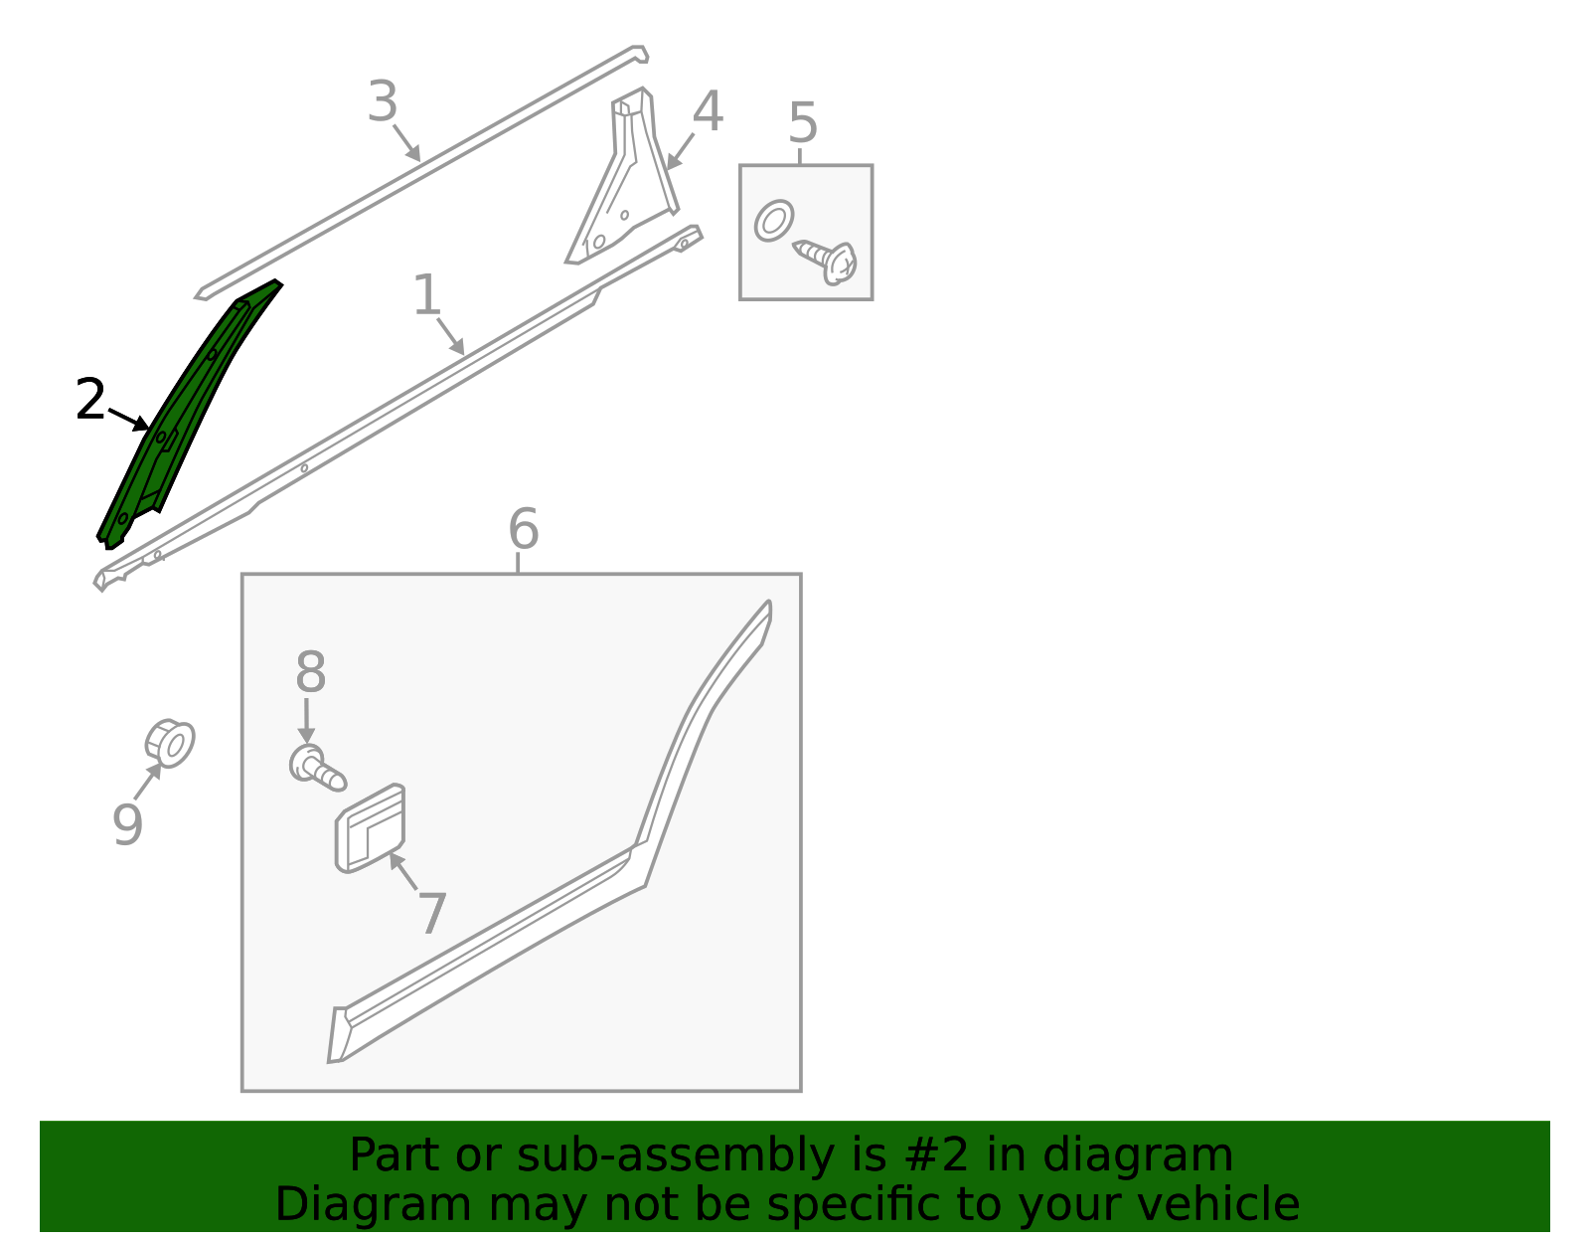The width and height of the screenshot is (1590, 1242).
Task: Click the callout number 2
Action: pyautogui.click(x=90, y=399)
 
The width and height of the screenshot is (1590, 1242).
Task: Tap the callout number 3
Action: pyautogui.click(x=383, y=101)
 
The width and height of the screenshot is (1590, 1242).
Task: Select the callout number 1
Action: pyautogui.click(x=426, y=294)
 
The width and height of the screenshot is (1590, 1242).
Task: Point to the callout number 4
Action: pyautogui.click(x=708, y=111)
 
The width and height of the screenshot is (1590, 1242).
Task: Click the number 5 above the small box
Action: pyautogui.click(x=803, y=122)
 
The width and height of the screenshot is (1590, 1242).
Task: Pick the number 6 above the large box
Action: pyautogui.click(x=523, y=528)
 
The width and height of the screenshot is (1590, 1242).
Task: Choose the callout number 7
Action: pyautogui.click(x=432, y=914)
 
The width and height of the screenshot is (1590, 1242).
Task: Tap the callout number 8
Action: pyautogui.click(x=310, y=671)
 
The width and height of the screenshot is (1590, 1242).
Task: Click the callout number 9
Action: pyautogui.click(x=127, y=824)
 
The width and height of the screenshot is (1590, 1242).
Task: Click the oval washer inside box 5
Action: pyautogui.click(x=773, y=221)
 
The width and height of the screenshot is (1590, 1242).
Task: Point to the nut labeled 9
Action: pyautogui.click(x=170, y=744)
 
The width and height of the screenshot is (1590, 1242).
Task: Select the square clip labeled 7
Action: pyautogui.click(x=370, y=827)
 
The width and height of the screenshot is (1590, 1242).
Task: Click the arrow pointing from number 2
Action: pyautogui.click(x=129, y=420)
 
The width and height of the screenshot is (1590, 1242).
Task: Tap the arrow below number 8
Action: pyautogui.click(x=307, y=721)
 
